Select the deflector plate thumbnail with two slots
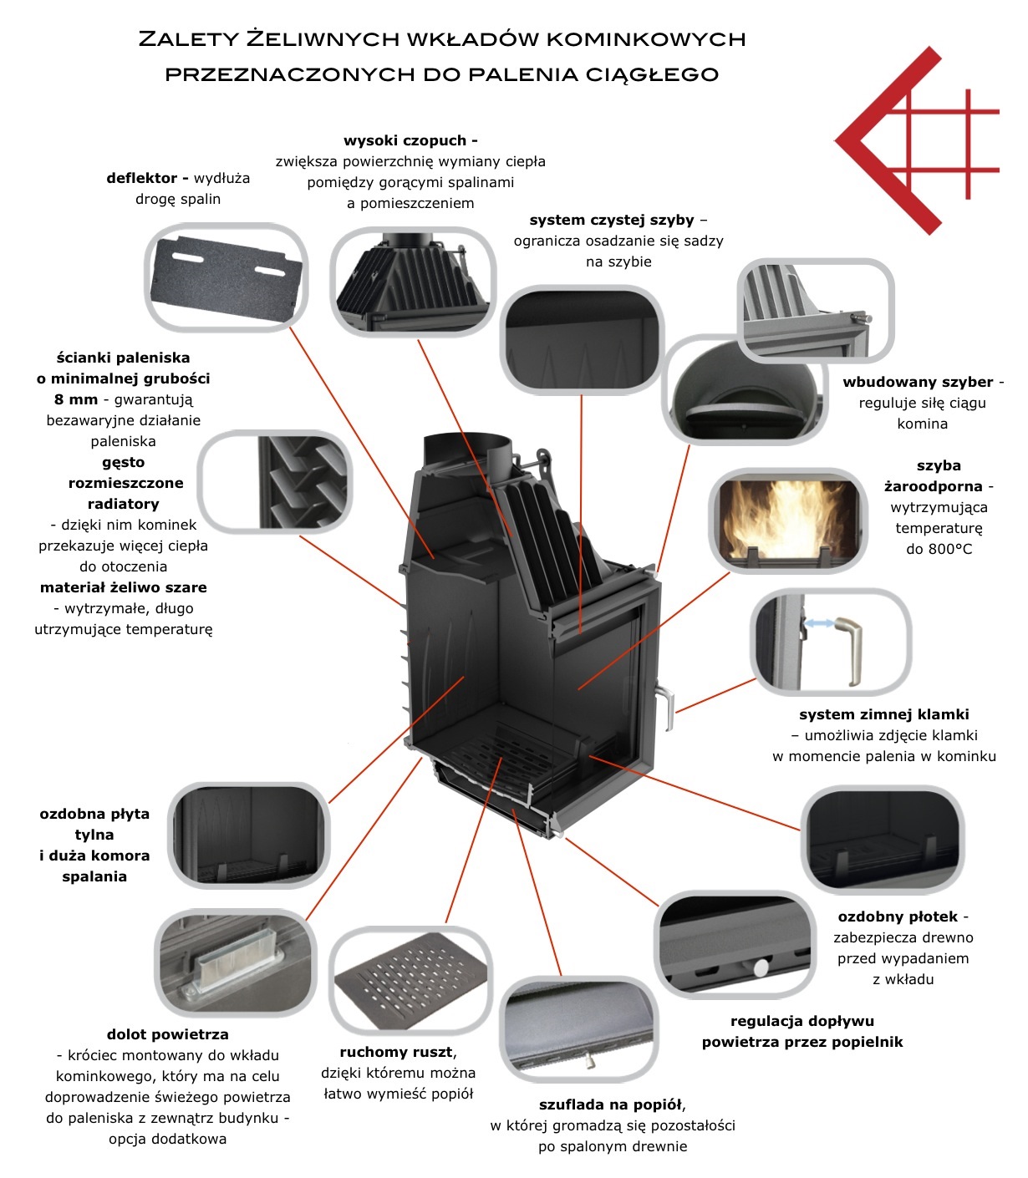tap(226, 277)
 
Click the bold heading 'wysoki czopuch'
tap(410, 140)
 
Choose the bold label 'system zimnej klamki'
tap(883, 714)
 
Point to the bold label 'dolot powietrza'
tap(167, 1034)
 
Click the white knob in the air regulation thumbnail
tap(761, 967)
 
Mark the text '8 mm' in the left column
tap(76, 399)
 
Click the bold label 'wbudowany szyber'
tap(918, 382)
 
